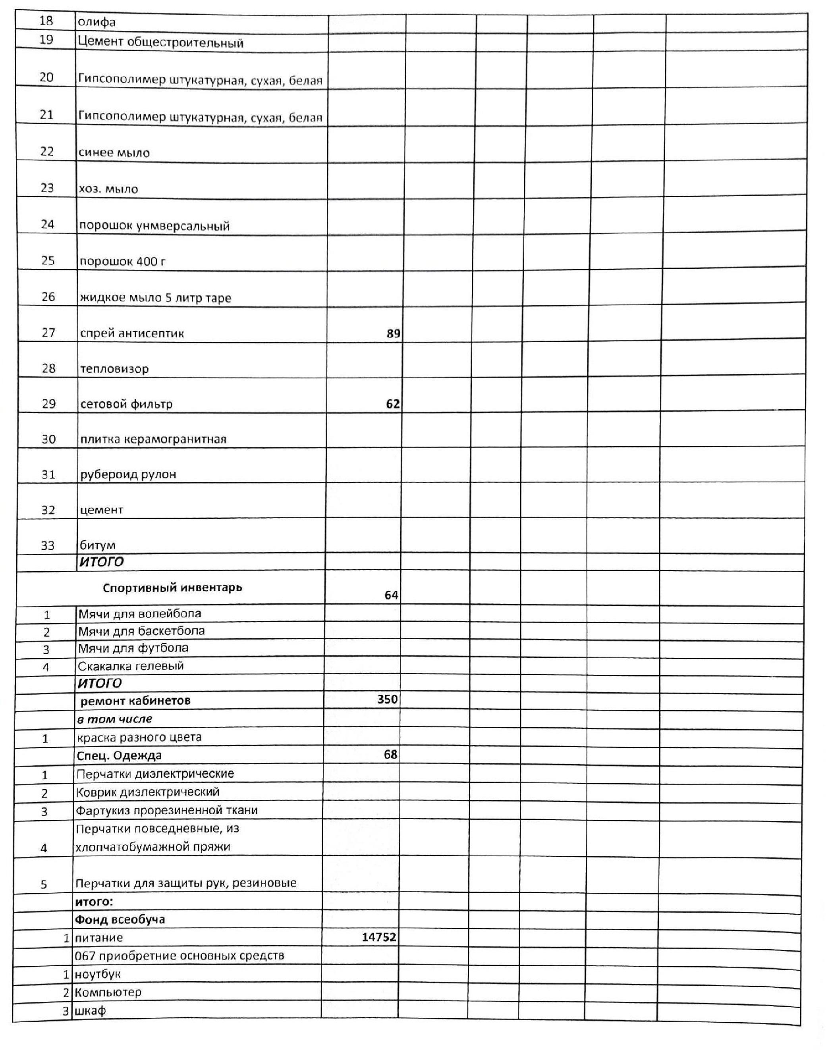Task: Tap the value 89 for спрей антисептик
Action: pyautogui.click(x=393, y=333)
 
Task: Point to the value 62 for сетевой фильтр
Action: pyautogui.click(x=393, y=404)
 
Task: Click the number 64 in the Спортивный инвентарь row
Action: pyautogui.click(x=391, y=595)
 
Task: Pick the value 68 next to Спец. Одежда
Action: pyautogui.click(x=390, y=754)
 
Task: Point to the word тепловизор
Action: pyautogui.click(x=114, y=369)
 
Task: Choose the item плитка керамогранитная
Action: pyautogui.click(x=153, y=439)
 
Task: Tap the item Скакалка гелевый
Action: pyautogui.click(x=131, y=666)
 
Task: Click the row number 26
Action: pyautogui.click(x=48, y=297)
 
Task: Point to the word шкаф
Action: pyautogui.click(x=90, y=1011)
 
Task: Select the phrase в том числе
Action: pyautogui.click(x=115, y=719)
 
